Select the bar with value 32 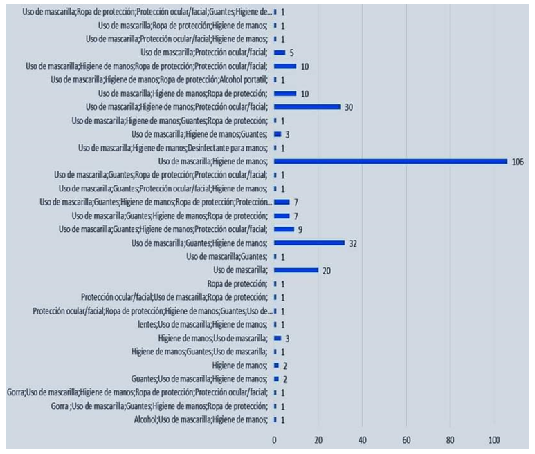coord(309,243)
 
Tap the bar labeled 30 coord(307,107)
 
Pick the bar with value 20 coord(296,270)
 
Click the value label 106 coord(518,162)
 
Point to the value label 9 coord(300,229)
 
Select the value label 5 coord(292,53)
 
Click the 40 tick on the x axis coord(362,440)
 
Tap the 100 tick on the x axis coord(494,440)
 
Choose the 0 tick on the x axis coord(274,440)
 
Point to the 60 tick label coord(406,440)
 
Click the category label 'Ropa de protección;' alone coord(237,284)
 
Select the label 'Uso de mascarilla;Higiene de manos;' coord(212,162)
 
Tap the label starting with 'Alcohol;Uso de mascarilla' coord(201,419)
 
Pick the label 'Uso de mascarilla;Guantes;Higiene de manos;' coord(199,243)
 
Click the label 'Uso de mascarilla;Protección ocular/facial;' coord(204,53)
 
